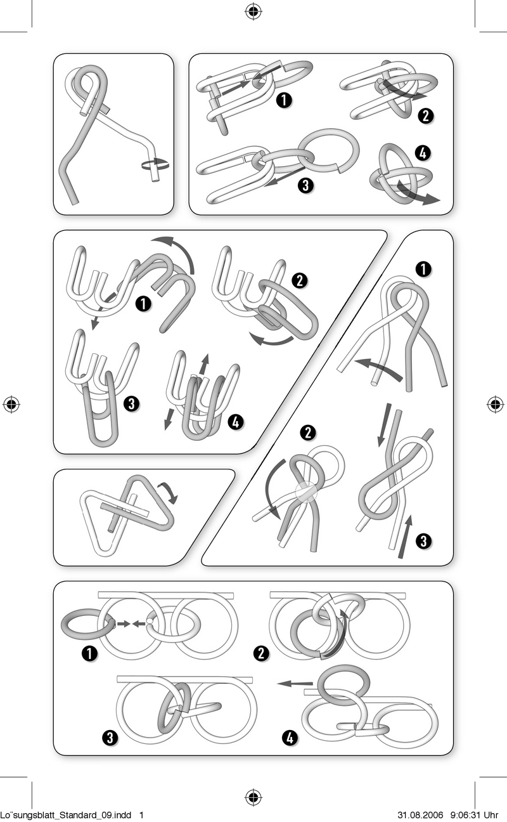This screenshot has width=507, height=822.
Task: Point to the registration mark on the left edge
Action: point(11,404)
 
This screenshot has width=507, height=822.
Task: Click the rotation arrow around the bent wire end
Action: point(155,164)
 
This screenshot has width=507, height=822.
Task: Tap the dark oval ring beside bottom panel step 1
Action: point(87,625)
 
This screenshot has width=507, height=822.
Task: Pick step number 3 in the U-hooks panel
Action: point(132,404)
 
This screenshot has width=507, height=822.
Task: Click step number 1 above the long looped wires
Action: point(423,270)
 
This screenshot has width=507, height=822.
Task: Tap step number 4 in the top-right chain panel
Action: point(423,153)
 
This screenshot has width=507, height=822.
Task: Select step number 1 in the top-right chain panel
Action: point(285,100)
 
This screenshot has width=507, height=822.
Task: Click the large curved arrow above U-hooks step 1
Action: point(179,249)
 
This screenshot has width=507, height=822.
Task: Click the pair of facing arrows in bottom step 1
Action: point(132,623)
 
